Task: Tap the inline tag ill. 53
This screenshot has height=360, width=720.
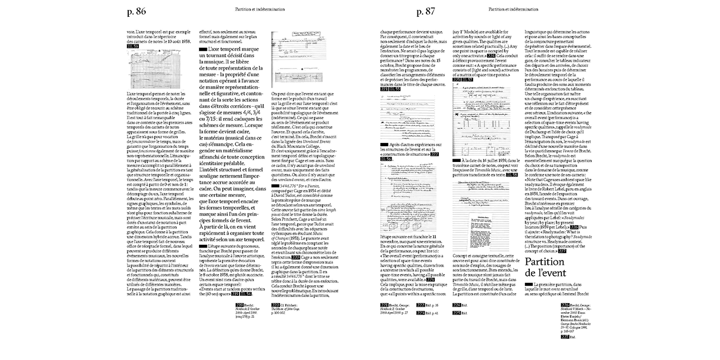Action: [133, 47]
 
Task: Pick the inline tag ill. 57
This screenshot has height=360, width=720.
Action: [467, 80]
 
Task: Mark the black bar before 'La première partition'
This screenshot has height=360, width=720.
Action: [528, 285]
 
